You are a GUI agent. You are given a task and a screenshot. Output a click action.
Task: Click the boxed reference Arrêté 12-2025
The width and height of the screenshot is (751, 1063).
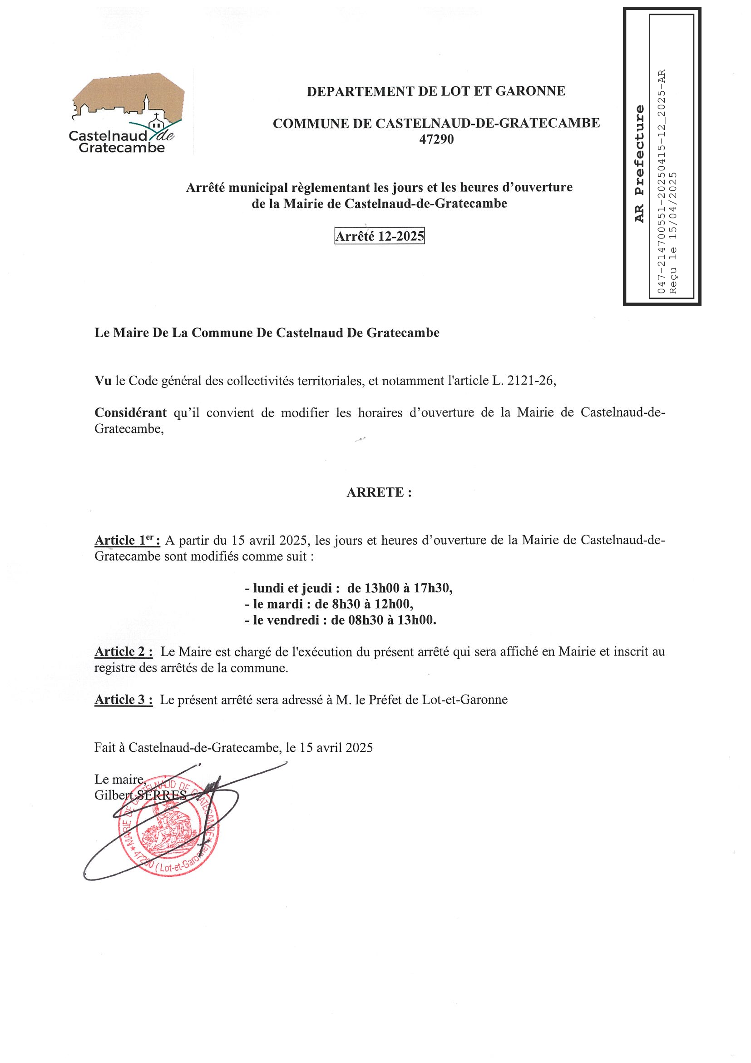(x=379, y=237)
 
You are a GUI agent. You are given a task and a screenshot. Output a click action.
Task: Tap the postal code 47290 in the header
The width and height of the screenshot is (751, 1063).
(x=436, y=139)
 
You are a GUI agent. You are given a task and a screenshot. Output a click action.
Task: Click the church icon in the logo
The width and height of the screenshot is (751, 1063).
(x=156, y=122)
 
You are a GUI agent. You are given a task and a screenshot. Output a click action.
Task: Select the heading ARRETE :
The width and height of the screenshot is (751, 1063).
(x=379, y=492)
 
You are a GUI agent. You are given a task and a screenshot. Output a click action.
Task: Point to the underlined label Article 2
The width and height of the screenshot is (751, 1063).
(x=124, y=652)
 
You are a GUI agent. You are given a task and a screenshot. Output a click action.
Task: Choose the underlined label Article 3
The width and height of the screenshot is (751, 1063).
(x=124, y=700)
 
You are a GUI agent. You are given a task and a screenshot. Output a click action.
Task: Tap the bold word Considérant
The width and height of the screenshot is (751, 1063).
(x=130, y=412)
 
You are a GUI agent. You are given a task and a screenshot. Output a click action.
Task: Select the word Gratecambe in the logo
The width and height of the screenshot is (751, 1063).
(x=122, y=148)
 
